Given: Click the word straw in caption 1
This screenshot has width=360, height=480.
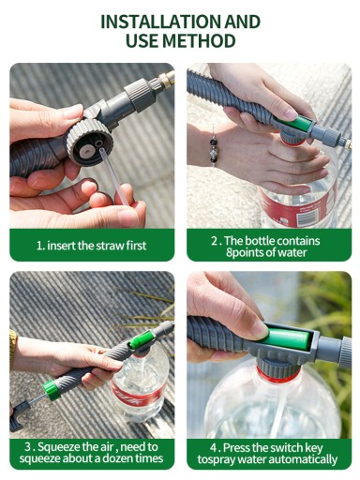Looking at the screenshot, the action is [110, 246].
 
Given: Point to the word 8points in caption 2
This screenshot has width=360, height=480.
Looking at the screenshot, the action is [247, 252].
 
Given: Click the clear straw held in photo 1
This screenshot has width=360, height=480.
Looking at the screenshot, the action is [113, 176].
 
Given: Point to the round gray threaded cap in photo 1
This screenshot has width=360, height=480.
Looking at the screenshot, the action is [87, 142].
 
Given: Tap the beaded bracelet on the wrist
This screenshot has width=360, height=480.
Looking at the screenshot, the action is [214, 150].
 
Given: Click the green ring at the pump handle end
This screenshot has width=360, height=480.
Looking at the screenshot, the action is [52, 390].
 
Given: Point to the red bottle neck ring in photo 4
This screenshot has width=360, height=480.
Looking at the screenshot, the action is [279, 375].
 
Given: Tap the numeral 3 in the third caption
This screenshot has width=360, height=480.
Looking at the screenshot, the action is [28, 447].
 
